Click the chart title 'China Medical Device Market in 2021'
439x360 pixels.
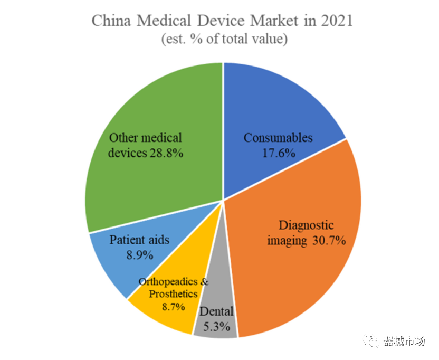222,21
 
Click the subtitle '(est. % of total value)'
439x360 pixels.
224,39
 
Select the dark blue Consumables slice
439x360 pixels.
269,106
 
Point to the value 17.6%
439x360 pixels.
278,153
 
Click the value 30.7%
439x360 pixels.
328,241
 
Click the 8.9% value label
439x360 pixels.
139,255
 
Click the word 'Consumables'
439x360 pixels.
278,138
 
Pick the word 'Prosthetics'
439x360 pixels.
173,293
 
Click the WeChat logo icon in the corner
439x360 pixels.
372,342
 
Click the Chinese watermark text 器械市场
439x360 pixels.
404,342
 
